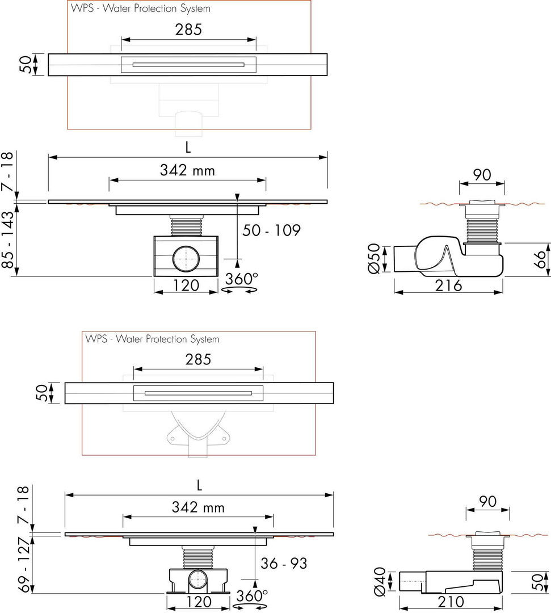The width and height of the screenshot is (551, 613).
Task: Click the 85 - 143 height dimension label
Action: tap(8, 240)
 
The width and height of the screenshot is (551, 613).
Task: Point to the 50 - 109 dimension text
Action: tap(271, 230)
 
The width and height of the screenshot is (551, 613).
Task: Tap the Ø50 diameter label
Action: tap(373, 258)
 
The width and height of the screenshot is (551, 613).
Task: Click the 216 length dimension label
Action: tap(449, 285)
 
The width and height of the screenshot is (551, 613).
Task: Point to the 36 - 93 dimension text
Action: tap(284, 564)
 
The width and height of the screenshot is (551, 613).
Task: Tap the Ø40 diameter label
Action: tap(380, 582)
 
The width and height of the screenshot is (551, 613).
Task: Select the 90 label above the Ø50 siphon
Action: tap(482, 175)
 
